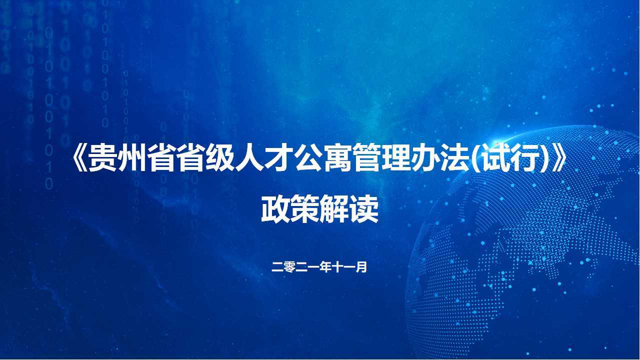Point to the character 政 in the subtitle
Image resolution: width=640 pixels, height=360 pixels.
click(x=275, y=209)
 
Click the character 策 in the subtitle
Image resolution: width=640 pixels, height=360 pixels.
click(x=305, y=209)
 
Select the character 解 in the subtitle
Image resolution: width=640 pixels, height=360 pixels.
click(x=334, y=209)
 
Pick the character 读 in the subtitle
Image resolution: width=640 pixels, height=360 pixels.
click(x=364, y=209)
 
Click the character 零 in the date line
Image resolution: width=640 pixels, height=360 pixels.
click(x=289, y=267)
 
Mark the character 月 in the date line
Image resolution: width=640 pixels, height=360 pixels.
click(x=361, y=267)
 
